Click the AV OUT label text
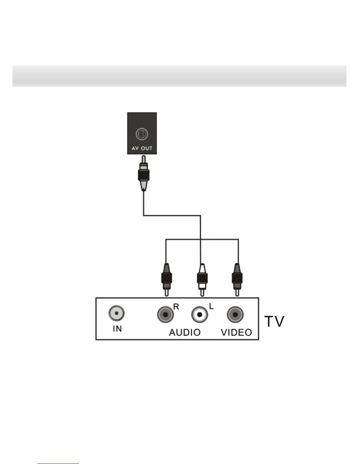(142, 148)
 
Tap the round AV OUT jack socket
(141, 134)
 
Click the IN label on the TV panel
(117, 329)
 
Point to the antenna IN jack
(116, 313)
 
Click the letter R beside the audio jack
(176, 307)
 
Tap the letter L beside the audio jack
(211, 307)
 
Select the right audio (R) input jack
(165, 314)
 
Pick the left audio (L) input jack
(200, 314)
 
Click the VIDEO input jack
(235, 314)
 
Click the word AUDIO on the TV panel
(185, 332)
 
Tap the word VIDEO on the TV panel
(236, 332)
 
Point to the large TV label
(274, 321)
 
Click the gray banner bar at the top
(179, 76)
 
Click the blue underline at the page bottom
(58, 463)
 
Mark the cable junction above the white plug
(201, 239)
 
